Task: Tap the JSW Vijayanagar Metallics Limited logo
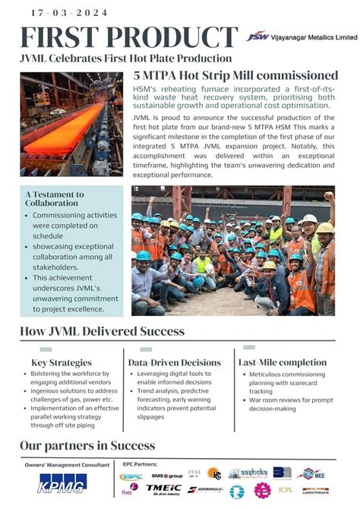coord(301,36)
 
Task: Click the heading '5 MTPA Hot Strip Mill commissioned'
coord(235,75)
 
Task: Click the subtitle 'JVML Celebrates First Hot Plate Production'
coord(125,58)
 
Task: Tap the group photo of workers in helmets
coord(232,250)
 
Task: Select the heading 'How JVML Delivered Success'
coord(102,331)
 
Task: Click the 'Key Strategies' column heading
coord(62,362)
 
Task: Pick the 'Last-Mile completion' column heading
coord(282,362)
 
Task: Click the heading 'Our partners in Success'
coord(87,445)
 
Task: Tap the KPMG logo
coord(62,482)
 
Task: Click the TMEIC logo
coord(163,489)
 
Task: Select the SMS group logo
coord(166,476)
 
